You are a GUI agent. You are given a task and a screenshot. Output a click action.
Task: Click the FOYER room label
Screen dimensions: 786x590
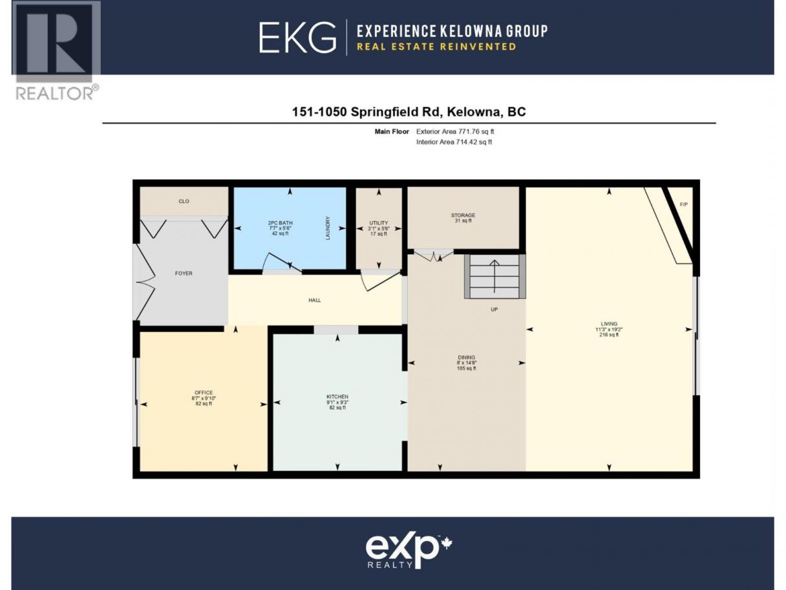click(x=184, y=273)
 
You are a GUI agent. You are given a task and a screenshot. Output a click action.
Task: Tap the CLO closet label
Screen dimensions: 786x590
click(x=184, y=201)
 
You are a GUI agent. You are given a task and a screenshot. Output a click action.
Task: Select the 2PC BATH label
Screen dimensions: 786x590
click(x=281, y=223)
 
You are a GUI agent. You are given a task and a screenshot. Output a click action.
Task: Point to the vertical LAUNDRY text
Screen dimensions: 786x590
click(x=328, y=228)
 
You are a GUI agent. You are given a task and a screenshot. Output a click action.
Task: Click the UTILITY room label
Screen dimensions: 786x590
click(x=379, y=223)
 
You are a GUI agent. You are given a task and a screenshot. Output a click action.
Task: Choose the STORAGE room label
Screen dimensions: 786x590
click(x=463, y=215)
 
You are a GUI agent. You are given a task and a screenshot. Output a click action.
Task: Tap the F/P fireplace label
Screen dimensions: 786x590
click(x=684, y=204)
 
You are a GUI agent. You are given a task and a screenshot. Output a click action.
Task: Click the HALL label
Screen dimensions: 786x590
click(x=315, y=300)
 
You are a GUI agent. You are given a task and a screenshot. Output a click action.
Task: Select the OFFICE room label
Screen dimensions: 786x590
click(x=204, y=393)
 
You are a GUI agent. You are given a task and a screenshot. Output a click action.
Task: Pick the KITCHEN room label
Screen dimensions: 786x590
click(x=337, y=397)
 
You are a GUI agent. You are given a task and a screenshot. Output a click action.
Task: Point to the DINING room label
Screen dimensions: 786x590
click(x=466, y=357)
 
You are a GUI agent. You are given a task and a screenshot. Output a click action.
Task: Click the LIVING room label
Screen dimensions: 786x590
click(x=609, y=324)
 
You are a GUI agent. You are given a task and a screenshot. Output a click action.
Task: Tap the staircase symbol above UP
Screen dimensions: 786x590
click(x=495, y=276)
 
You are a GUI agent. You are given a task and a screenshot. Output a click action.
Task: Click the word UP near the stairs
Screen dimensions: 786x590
click(x=494, y=309)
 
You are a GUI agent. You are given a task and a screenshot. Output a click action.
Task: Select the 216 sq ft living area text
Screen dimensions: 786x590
click(x=609, y=334)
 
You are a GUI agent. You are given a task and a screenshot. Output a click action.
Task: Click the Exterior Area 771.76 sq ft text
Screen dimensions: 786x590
click(x=455, y=131)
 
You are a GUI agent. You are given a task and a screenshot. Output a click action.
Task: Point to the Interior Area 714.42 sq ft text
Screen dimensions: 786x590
click(x=454, y=142)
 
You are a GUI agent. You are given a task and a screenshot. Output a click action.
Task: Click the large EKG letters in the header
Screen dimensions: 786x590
click(x=297, y=38)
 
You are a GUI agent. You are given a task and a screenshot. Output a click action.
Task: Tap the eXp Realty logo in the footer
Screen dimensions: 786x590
click(x=409, y=552)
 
